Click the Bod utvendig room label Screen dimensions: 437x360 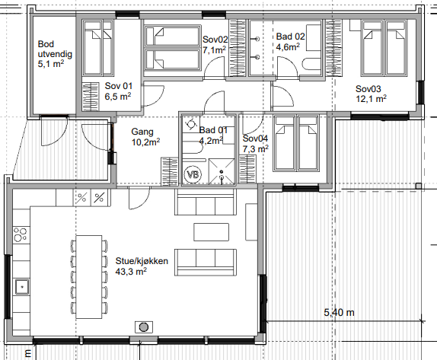[x=55, y=49]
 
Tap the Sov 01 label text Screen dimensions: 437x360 [x=119, y=86]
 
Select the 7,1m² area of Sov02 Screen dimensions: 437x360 [x=214, y=50]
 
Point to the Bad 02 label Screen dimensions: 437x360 [x=290, y=37]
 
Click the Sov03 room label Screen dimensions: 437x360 [x=368, y=89]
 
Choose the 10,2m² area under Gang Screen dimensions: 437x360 [x=145, y=142]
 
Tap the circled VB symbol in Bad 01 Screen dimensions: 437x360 [x=193, y=175]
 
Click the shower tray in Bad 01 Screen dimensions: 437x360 [x=222, y=171]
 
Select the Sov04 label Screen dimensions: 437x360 [x=255, y=139]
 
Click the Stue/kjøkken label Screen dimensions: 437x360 [x=142, y=261]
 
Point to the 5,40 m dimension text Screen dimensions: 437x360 [x=340, y=313]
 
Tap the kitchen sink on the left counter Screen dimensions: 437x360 [x=22, y=287]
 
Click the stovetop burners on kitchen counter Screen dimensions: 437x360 [x=21, y=234]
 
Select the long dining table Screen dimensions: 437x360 [x=89, y=277]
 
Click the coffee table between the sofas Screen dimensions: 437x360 [x=211, y=232]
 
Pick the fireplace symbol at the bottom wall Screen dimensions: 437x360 [x=144, y=327]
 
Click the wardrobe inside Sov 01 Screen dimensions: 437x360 [x=91, y=97]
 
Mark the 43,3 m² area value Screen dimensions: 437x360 [x=131, y=272]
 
